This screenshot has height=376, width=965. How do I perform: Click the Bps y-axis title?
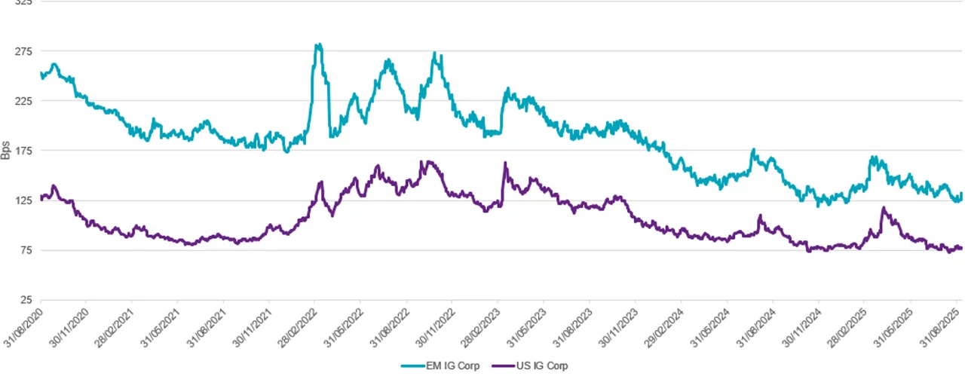point(6,150)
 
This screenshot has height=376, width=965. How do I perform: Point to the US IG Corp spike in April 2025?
point(883,209)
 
